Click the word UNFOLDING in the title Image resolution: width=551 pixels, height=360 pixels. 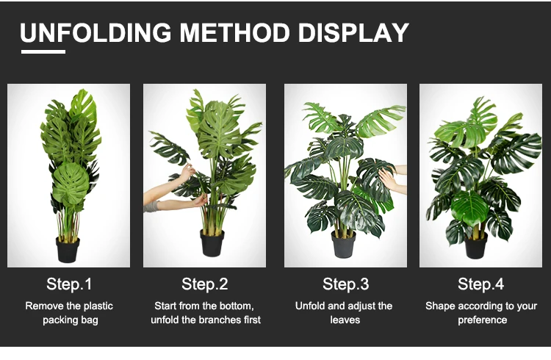96,33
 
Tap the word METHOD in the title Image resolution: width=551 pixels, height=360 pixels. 235,33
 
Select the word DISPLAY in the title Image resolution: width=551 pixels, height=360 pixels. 353,33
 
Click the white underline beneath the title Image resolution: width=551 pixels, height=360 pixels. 43,51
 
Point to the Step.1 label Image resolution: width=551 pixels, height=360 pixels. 69,284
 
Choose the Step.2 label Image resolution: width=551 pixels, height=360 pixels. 204,284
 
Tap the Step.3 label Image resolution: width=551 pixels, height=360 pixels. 346,284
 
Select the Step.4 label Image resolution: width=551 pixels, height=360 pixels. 480,284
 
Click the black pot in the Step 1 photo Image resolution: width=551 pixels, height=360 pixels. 68,250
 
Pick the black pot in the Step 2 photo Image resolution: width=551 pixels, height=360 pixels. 212,243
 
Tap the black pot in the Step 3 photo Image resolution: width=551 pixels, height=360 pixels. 344,245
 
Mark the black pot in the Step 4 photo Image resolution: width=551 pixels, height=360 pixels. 476,245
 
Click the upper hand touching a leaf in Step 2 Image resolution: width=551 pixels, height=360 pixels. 187,173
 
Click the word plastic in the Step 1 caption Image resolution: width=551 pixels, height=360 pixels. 98,306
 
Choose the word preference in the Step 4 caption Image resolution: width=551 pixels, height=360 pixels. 482,320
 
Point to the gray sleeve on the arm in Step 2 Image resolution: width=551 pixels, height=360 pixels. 151,206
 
